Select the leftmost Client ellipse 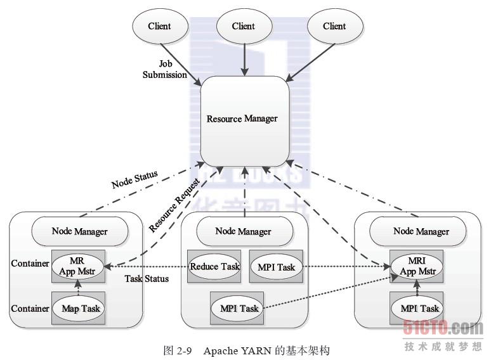[x=159, y=26]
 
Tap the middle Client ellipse [x=244, y=26]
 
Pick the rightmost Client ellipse [x=334, y=26]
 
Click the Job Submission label [x=165, y=70]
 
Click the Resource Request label [x=174, y=204]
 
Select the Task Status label [x=147, y=278]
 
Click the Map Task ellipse [x=81, y=309]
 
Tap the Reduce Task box [x=215, y=267]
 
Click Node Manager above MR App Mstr [x=79, y=231]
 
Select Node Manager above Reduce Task [x=243, y=231]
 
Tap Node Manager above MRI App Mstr [x=421, y=231]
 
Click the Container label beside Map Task [x=30, y=309]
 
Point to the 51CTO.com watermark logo [x=443, y=328]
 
